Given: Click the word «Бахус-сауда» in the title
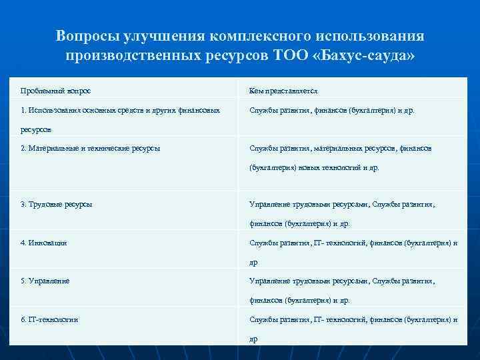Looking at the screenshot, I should click(365, 55).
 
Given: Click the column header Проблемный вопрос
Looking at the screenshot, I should click(56, 90).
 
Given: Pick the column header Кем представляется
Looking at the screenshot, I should click(283, 90).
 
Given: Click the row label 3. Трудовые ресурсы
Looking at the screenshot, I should click(56, 204).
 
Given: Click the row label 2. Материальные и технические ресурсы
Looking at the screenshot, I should click(90, 148).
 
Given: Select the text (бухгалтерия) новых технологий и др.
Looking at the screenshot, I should click(314, 168).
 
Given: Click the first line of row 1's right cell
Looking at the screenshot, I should click(331, 110).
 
